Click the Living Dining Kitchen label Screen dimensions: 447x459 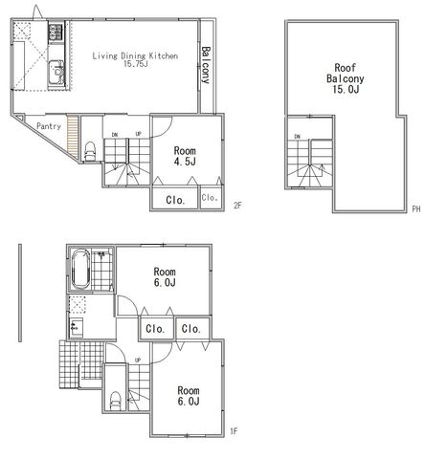[135, 55]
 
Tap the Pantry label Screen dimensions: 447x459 [49, 126]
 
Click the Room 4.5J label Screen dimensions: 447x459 [185, 156]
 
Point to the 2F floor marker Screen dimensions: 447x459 [237, 206]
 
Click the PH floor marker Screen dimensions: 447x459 [416, 209]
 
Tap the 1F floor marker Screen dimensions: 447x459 [234, 431]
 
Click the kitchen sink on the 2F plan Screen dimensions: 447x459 [56, 73]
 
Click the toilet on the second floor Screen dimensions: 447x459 [90, 151]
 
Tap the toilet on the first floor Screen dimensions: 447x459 [116, 401]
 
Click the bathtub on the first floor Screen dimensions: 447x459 [80, 270]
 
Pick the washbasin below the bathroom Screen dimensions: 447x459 [77, 327]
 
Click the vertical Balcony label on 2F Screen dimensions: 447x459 [207, 65]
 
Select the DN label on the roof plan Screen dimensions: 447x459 [298, 137]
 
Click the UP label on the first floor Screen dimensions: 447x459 [138, 361]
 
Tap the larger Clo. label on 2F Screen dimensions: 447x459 [175, 200]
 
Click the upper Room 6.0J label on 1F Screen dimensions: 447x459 [165, 276]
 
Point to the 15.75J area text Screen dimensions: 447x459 [136, 64]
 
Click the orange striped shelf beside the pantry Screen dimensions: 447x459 [73, 137]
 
